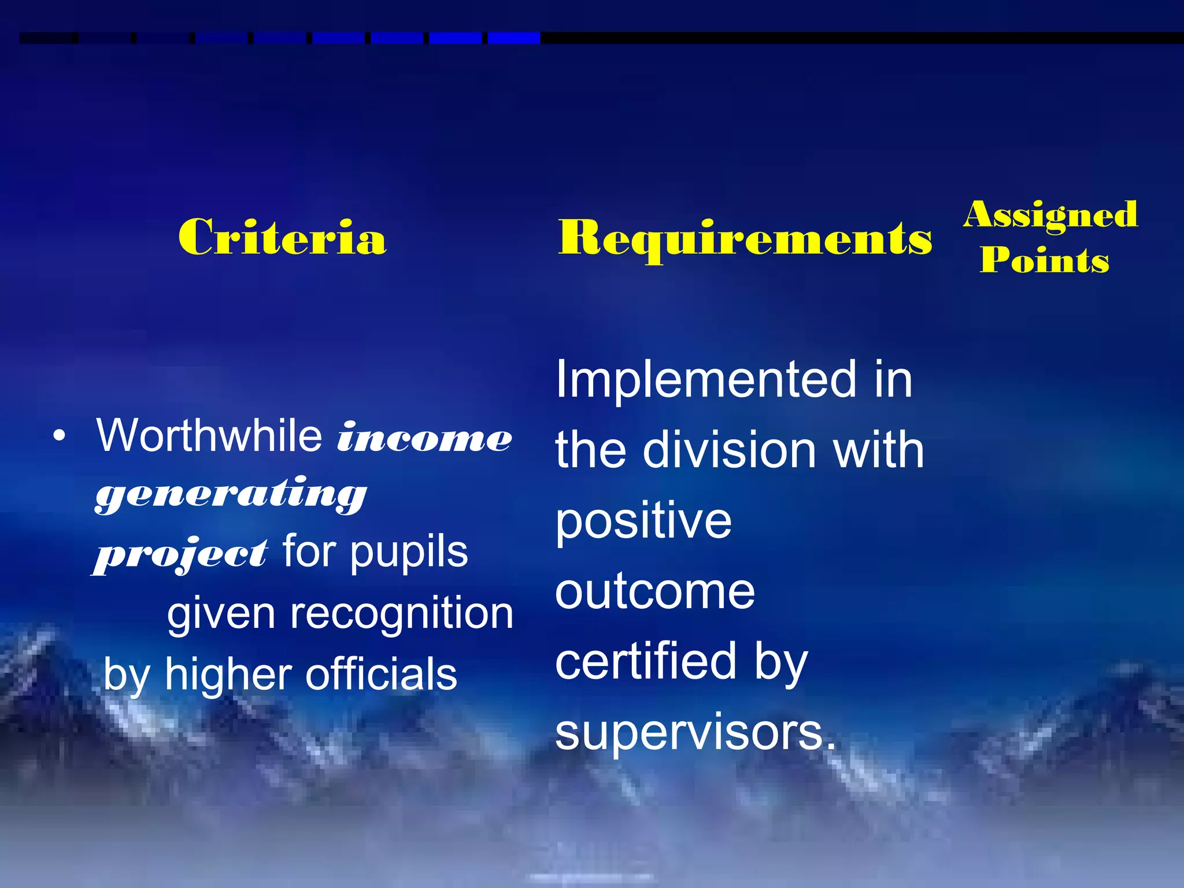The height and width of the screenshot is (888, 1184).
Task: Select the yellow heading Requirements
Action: (x=745, y=238)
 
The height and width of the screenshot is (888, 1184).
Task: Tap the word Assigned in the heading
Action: (x=1050, y=215)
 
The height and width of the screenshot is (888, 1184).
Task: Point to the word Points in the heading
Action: (x=1045, y=260)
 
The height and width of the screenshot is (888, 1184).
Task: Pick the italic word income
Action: (x=425, y=438)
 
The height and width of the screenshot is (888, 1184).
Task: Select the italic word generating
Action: (x=231, y=494)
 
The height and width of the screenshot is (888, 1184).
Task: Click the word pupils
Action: (x=409, y=553)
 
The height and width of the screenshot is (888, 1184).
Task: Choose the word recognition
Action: (x=401, y=613)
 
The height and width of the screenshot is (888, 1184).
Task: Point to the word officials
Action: (x=381, y=675)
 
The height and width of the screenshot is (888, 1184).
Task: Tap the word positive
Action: (x=643, y=521)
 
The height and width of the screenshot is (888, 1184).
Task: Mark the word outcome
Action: (x=655, y=592)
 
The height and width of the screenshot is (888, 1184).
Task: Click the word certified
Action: (x=646, y=662)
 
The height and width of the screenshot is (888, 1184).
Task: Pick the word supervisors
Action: (x=695, y=732)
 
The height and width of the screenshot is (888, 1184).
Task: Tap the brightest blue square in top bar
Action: (x=514, y=38)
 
